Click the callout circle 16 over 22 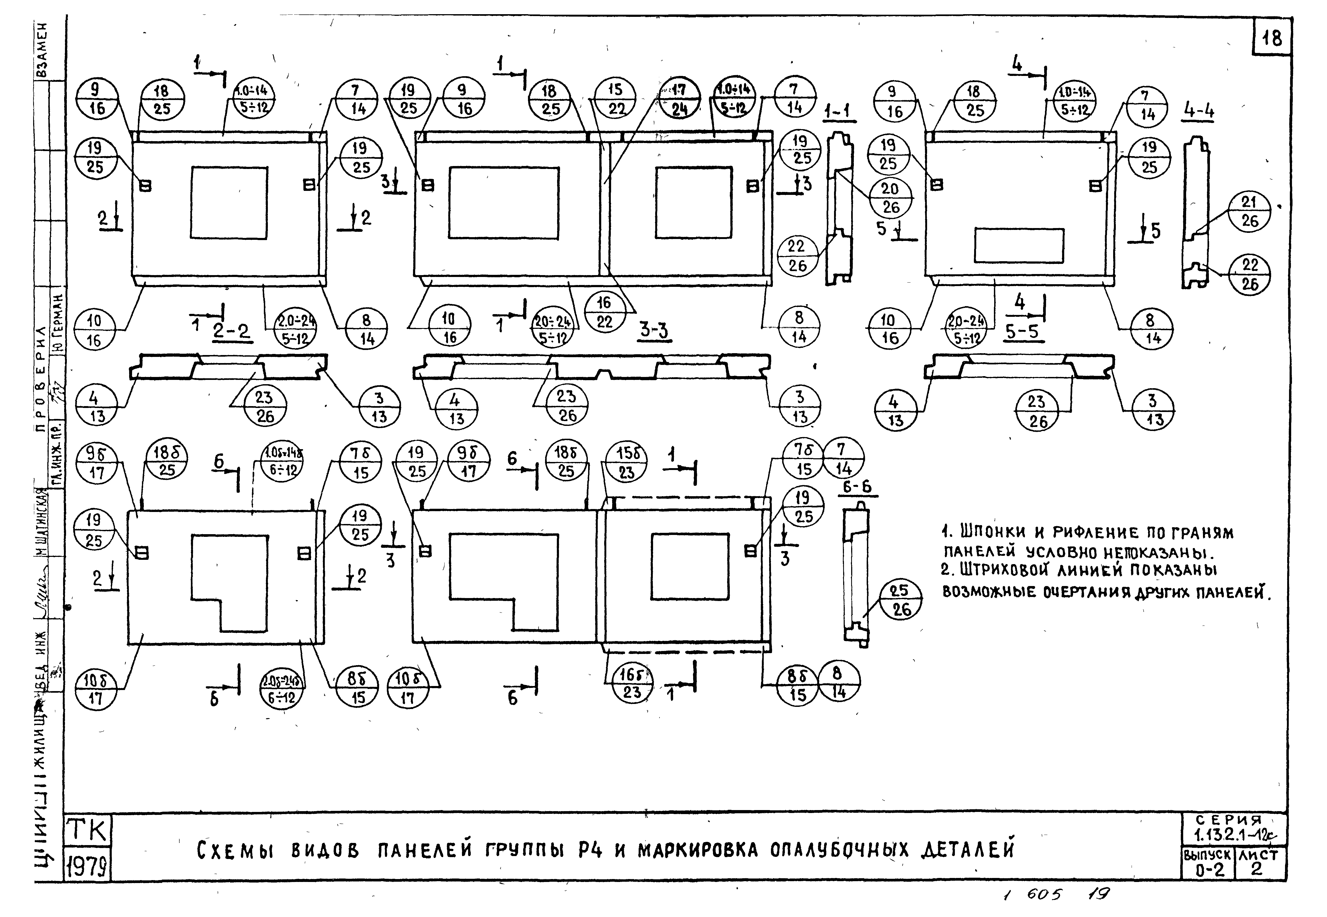click(x=604, y=312)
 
